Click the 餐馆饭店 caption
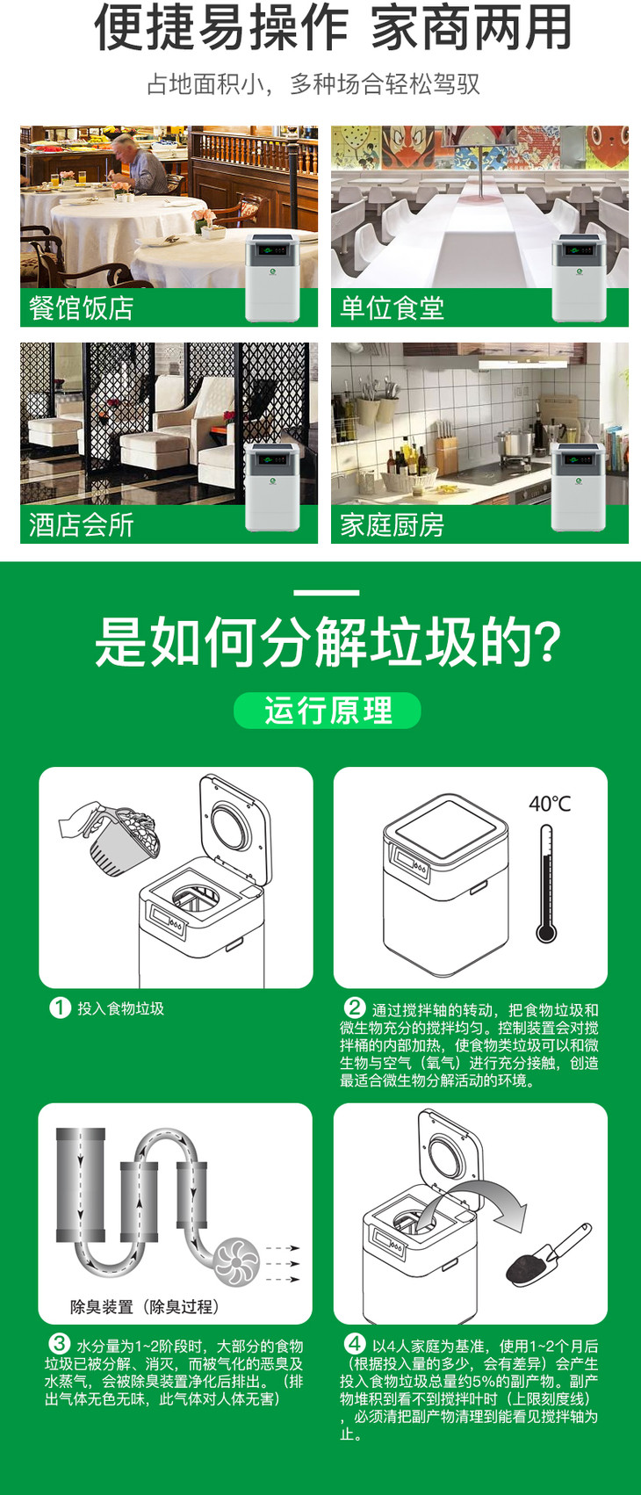tap(81, 308)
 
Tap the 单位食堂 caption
tap(392, 308)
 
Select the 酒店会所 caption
tap(81, 524)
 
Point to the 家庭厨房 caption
tap(392, 524)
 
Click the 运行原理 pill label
tap(328, 710)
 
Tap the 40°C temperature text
tap(550, 804)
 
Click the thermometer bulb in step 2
tap(546, 932)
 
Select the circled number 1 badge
tap(60, 1007)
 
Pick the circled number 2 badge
tap(355, 1007)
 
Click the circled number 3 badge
tap(60, 1344)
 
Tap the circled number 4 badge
tap(355, 1344)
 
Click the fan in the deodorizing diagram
tap(236, 1261)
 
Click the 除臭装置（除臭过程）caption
tap(145, 1306)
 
